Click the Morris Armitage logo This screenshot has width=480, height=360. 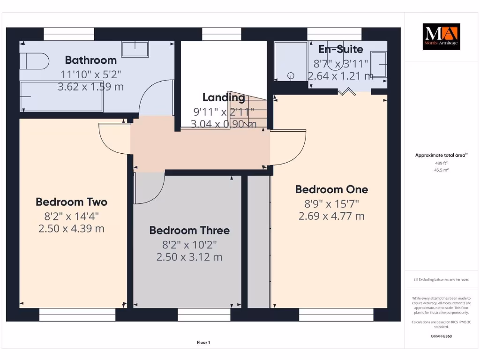[441, 37]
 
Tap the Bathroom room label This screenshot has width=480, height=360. [90, 60]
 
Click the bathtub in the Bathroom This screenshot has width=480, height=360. [61, 97]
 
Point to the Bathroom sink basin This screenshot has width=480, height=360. [135, 48]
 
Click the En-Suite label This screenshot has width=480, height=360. [341, 49]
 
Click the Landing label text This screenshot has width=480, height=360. [224, 97]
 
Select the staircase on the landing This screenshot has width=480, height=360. [248, 111]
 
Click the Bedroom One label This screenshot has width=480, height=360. [331, 189]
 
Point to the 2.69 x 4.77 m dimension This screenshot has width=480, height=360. [331, 216]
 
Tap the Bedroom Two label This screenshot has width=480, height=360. [71, 202]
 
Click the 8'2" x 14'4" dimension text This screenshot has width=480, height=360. [71, 216]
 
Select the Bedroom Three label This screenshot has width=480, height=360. [189, 230]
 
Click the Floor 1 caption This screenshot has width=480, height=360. [203, 343]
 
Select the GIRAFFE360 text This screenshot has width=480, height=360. [441, 336]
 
